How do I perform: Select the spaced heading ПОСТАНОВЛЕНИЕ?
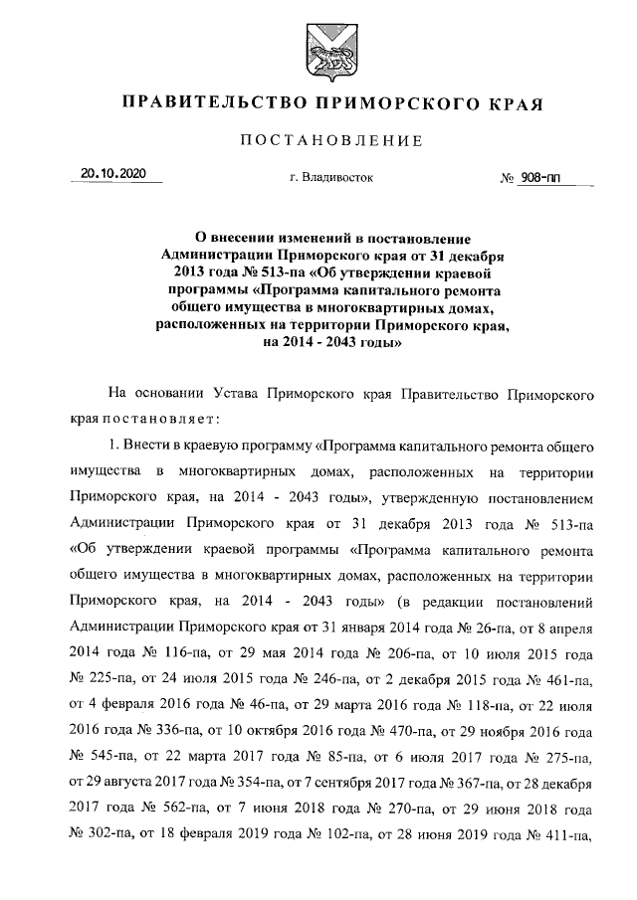pyautogui.click(x=318, y=140)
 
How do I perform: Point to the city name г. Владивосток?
pyautogui.click(x=318, y=178)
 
